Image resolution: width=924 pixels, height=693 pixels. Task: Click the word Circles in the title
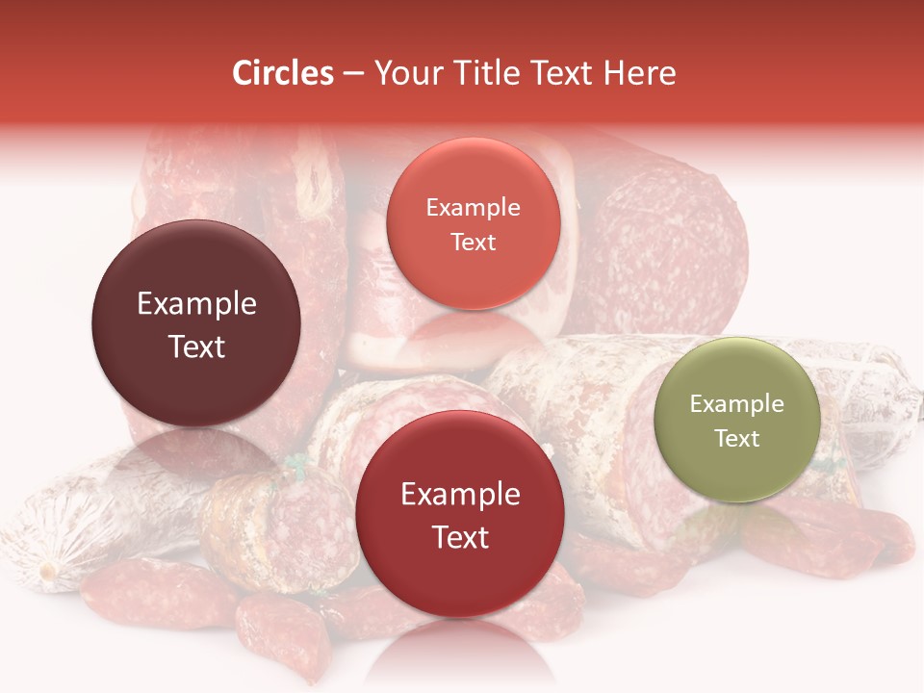click(282, 73)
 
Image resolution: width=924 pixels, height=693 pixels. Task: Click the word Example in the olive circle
click(737, 404)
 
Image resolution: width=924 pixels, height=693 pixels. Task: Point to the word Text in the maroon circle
click(196, 346)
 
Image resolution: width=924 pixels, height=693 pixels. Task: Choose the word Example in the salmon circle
click(474, 208)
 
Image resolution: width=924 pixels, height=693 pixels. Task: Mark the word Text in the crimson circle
click(460, 537)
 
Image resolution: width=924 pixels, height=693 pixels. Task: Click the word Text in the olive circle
click(737, 438)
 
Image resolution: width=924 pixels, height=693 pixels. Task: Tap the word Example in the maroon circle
click(196, 304)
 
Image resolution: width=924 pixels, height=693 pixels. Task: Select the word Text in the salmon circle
click(474, 242)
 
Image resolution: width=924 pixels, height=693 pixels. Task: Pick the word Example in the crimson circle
click(460, 495)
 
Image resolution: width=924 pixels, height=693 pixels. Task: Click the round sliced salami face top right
click(664, 241)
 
